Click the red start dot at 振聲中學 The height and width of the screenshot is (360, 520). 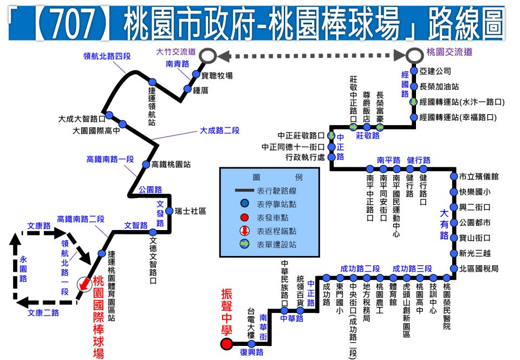coord(227,344)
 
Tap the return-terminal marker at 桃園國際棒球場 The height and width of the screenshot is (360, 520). coord(84,284)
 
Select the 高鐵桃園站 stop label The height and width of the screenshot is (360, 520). coord(171,165)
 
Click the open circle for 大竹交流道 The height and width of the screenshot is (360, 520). coord(207,56)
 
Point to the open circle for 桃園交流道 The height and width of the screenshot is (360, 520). coord(414,55)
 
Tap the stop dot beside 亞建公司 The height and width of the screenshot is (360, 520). coord(414,70)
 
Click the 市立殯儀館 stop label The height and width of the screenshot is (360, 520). coord(479,176)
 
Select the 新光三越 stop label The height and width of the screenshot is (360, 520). coord(475,253)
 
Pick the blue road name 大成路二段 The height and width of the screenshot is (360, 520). coord(219,130)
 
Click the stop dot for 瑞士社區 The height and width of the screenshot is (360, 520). coord(169,211)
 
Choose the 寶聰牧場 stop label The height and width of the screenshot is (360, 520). coord(217,76)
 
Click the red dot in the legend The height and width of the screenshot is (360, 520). coord(244,218)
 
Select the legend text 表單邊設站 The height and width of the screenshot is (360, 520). coord(277,245)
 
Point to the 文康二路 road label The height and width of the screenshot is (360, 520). coord(43,312)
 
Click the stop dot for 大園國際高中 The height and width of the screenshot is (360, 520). coord(123,125)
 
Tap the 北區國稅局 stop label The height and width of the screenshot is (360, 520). coord(479,269)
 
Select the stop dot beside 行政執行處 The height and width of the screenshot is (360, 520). coord(331,157)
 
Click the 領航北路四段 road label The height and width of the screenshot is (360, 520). coord(107,56)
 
